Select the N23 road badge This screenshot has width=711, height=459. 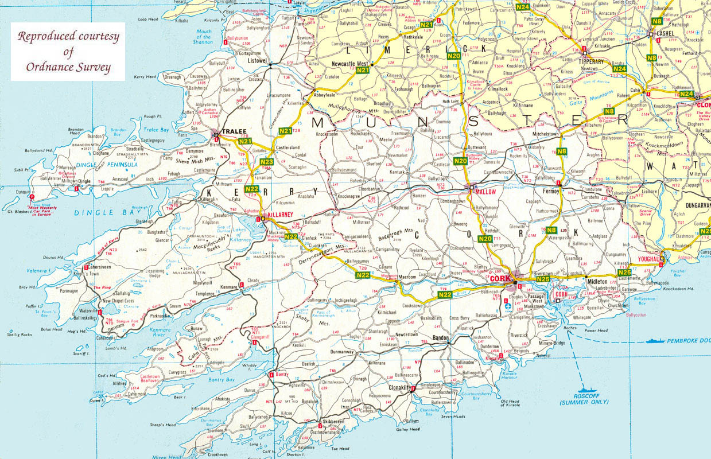[266, 162]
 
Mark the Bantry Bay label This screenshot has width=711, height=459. [220, 380]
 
